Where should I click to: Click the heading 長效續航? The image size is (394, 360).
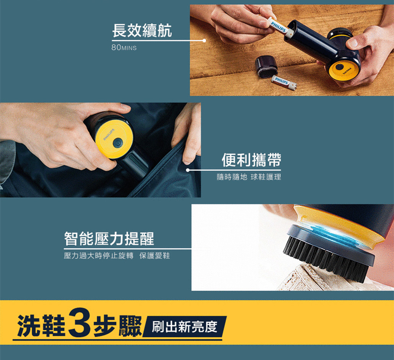(x=142, y=31)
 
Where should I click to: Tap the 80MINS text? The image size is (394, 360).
(x=124, y=47)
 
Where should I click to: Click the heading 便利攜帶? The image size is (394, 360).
(x=251, y=160)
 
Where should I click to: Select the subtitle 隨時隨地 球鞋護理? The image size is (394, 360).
(x=249, y=177)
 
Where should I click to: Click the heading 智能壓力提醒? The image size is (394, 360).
(x=109, y=238)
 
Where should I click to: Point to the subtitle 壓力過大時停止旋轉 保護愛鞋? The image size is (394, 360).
(x=117, y=256)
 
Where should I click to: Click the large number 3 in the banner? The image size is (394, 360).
(x=80, y=323)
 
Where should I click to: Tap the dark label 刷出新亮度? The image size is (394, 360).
(x=185, y=327)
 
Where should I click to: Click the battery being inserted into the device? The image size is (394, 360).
(x=279, y=27)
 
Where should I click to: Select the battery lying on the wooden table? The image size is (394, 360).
(x=284, y=83)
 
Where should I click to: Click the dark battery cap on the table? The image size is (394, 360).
(x=266, y=67)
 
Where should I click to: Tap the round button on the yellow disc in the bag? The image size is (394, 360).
(x=117, y=142)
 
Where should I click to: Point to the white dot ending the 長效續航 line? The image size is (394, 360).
(x=204, y=41)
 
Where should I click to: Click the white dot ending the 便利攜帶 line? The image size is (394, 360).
(x=188, y=170)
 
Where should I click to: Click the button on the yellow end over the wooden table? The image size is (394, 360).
(x=340, y=67)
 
